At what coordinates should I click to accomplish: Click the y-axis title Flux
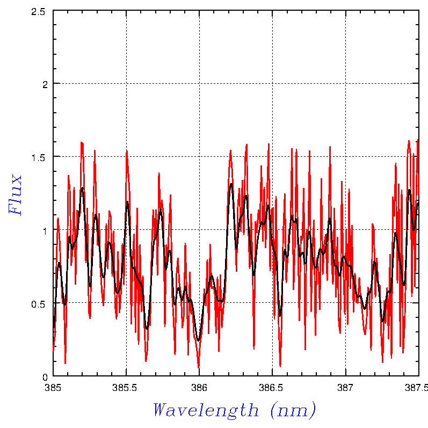pos(16,194)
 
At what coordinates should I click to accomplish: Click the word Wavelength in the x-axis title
pos(206,410)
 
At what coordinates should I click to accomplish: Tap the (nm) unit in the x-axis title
pos(293,410)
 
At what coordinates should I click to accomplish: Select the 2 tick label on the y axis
pos(45,84)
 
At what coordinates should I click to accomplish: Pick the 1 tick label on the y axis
pos(45,230)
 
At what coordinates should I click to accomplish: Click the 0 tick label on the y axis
pos(45,376)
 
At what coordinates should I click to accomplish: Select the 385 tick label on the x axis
pos(53,387)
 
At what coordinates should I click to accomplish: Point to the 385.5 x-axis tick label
pos(126,387)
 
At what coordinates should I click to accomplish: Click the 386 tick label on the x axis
pos(199,387)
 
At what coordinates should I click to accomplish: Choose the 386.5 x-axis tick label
pos(272,387)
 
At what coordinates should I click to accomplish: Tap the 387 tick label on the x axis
pos(345,387)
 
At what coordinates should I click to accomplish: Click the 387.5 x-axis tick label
pos(418,387)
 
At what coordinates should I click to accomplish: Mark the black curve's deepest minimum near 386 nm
pos(199,340)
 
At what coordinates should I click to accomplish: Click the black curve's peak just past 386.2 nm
pos(231,184)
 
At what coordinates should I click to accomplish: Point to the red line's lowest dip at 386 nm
pos(199,368)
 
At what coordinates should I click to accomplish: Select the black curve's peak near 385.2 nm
pos(82,188)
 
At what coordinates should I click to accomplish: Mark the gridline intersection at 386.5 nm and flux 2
pos(272,83)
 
